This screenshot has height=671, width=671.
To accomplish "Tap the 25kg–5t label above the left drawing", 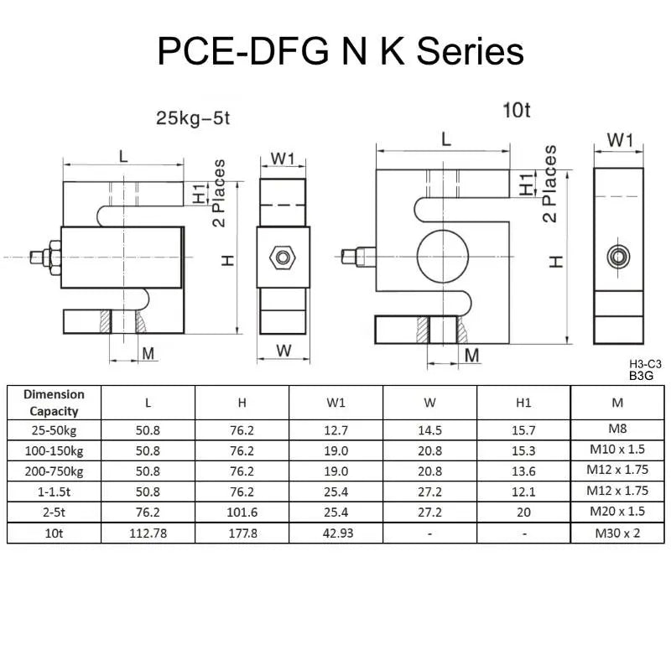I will click(192, 118).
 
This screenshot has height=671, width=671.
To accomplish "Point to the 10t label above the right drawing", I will click(517, 109).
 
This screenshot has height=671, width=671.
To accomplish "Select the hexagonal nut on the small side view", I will click(283, 254).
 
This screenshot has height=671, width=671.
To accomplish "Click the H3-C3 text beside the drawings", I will click(645, 364).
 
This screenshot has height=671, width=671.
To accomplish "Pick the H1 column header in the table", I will click(523, 403).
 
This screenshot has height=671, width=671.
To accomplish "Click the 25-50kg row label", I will click(54, 430).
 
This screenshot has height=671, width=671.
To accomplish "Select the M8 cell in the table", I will click(617, 430).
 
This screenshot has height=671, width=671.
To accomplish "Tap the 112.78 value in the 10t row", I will click(148, 533).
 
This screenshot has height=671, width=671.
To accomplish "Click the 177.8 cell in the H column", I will click(242, 533).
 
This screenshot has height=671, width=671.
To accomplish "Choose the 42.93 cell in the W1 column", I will click(335, 533).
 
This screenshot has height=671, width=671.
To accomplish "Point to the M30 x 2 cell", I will click(617, 533).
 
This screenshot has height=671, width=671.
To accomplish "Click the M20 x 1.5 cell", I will click(617, 512).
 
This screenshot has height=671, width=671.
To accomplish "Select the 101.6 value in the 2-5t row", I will click(242, 512).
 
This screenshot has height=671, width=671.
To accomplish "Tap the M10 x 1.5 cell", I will click(617, 450).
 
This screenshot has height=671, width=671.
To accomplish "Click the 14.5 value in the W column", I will click(429, 430).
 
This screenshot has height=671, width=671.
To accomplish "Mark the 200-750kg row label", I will click(54, 471).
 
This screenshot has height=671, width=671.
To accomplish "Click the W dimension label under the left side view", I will click(283, 350).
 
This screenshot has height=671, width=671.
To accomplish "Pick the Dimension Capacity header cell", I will click(54, 403).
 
